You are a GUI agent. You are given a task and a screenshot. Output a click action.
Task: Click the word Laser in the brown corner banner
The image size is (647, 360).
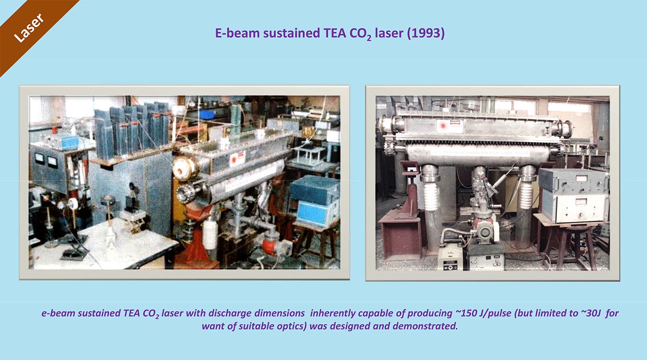coord(29,28)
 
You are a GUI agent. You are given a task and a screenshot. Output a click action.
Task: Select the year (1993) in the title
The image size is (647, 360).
coord(426,33)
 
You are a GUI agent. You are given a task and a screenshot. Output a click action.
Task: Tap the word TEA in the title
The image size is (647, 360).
coord(335,33)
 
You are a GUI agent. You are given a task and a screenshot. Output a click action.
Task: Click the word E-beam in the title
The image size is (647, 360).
coord(237,33)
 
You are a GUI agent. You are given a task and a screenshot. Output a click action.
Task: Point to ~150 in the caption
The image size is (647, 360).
coord(465,313)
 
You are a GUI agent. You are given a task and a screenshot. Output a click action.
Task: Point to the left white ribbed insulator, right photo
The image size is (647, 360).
coord(431,196)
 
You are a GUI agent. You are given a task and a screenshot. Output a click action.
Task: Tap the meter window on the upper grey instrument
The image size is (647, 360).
coord(581,178)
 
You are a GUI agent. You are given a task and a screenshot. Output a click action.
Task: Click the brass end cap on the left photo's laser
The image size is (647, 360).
coord(186,168)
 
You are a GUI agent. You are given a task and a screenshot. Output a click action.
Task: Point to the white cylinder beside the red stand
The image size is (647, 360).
coord(210,234)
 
